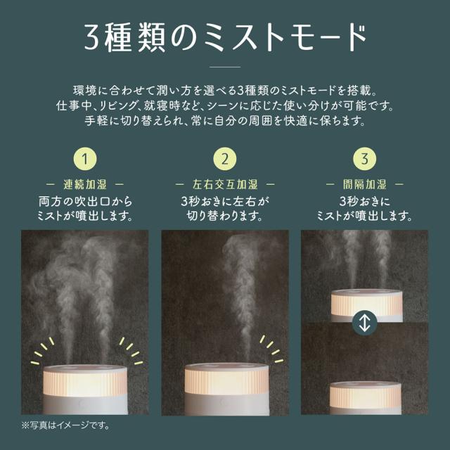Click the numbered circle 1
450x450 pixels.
tap(85, 159)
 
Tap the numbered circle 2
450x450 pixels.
tap(225, 159)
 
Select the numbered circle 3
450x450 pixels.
tap(364, 159)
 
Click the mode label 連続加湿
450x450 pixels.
tap(85, 184)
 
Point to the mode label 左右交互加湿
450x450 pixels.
tap(225, 184)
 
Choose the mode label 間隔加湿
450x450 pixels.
tap(364, 184)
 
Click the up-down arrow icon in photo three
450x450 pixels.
tap(364, 323)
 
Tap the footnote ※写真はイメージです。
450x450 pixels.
tap(65, 425)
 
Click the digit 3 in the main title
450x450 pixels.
tap(92, 38)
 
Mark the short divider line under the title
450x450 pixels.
tap(225, 67)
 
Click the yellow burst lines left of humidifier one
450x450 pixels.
tap(42, 351)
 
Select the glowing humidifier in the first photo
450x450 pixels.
tap(85, 389)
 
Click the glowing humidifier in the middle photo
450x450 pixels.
tap(226, 389)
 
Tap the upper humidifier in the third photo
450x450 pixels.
tap(367, 305)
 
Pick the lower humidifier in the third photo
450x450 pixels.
tap(366, 398)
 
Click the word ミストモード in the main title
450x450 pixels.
tap(285, 38)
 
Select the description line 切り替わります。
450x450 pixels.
tap(225, 216)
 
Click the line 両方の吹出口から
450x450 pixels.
tap(85, 201)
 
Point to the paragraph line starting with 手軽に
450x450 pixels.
tap(225, 121)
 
